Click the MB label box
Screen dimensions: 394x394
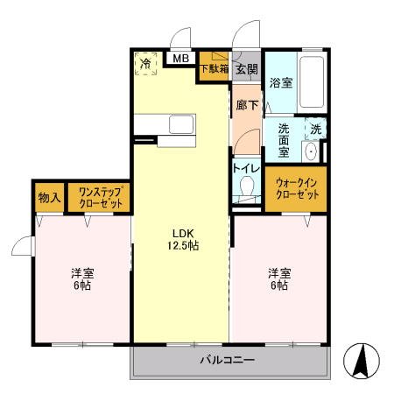click(x=179, y=59)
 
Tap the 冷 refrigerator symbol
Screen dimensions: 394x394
click(x=145, y=64)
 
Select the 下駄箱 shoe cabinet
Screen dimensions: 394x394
click(x=214, y=68)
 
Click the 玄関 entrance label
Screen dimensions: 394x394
click(x=246, y=68)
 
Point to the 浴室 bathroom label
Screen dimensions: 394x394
click(x=280, y=83)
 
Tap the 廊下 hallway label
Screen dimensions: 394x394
click(x=247, y=105)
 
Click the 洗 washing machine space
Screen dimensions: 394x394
click(x=316, y=129)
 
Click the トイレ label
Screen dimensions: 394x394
click(x=246, y=168)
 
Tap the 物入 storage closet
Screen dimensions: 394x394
click(x=48, y=197)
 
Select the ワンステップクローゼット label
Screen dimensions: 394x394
click(x=98, y=197)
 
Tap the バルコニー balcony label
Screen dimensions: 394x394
click(x=226, y=360)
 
